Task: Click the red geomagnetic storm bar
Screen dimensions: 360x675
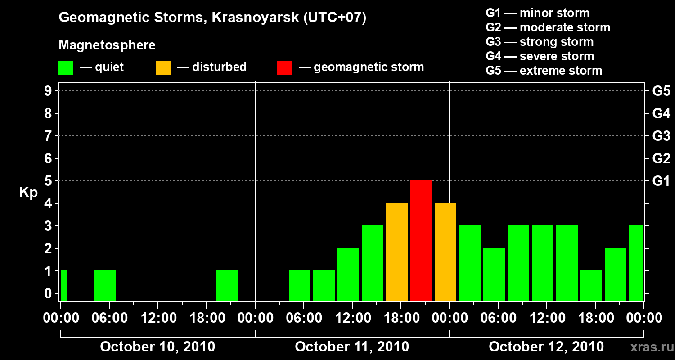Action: [421, 240]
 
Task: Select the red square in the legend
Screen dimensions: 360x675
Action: [284, 67]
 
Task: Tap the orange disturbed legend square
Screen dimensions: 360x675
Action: [163, 67]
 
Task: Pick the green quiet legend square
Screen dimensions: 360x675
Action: [66, 67]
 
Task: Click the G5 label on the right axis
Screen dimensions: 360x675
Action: [661, 91]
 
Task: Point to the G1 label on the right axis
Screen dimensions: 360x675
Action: [661, 181]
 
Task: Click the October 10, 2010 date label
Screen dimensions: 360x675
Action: [157, 347]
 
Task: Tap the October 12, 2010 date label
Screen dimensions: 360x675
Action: [546, 347]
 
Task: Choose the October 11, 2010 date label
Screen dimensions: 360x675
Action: [352, 347]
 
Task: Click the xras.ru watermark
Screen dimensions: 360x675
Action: [649, 347]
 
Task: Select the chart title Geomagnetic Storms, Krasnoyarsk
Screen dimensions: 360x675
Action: [212, 18]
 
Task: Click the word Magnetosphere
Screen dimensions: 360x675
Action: [107, 45]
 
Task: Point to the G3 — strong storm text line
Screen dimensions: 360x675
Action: [540, 42]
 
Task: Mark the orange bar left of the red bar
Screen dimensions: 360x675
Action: [397, 252]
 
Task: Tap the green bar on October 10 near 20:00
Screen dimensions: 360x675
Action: [227, 285]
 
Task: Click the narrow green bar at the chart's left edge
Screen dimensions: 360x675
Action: [64, 285]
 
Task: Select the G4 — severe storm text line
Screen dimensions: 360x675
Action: [540, 56]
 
